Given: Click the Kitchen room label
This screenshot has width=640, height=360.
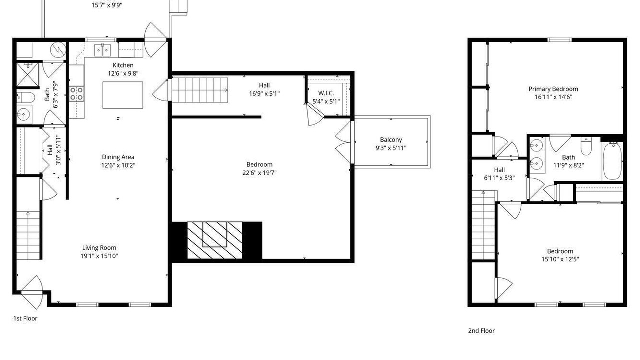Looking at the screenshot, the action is [x=123, y=65].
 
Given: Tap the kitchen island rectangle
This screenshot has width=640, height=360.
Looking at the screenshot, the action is [x=123, y=95].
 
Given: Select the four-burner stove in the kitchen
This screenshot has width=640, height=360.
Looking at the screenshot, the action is [x=77, y=94].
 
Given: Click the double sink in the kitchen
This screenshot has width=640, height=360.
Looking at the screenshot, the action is [x=102, y=50].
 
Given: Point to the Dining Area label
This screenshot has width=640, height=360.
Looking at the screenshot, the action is [x=118, y=157].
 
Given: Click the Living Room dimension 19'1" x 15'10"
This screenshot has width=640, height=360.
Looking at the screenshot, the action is [x=99, y=256].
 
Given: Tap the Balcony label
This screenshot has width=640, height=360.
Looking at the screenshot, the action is [x=391, y=140].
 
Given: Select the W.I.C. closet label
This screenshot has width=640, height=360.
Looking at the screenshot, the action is [x=326, y=93].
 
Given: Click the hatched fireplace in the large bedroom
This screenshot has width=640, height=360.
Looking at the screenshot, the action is [x=215, y=240].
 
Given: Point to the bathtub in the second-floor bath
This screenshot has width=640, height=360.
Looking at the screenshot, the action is [x=612, y=161].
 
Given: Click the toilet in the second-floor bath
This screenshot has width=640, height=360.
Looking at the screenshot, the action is [x=586, y=146].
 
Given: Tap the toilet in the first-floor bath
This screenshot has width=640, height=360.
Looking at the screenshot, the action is [x=25, y=97].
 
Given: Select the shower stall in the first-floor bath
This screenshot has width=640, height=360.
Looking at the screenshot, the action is [x=27, y=75].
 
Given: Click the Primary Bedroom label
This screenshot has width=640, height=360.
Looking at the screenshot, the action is [x=553, y=89].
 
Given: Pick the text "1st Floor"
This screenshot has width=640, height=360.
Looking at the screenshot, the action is [x=25, y=318].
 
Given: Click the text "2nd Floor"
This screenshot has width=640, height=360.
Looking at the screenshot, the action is [x=481, y=331].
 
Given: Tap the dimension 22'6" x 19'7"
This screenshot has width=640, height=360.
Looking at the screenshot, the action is [x=259, y=173].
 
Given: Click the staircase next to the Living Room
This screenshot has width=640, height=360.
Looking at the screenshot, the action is [x=28, y=235].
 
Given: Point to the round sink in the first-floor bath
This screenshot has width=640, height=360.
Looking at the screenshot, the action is [x=23, y=115].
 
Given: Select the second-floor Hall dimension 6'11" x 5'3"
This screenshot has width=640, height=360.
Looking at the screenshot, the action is [x=499, y=178].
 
